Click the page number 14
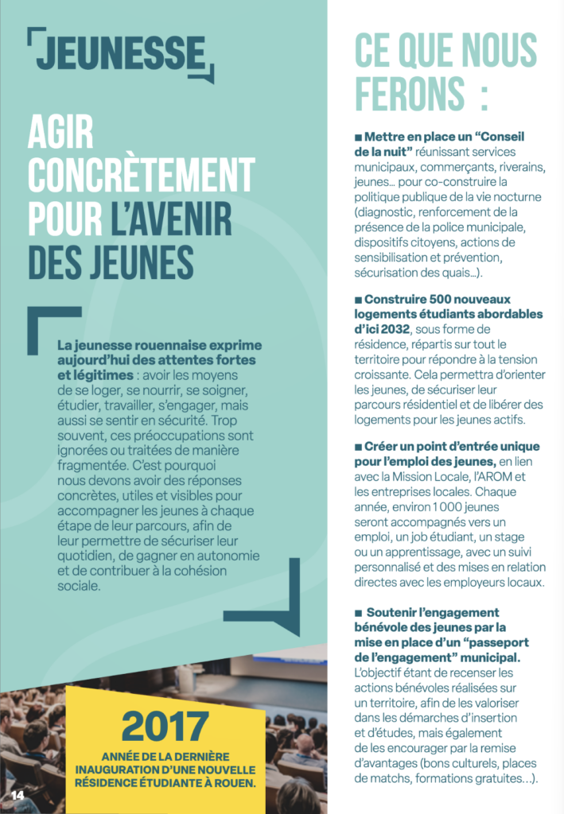click(17, 796)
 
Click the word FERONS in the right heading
click(407, 95)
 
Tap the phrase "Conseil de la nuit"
click(442, 143)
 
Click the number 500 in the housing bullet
click(442, 300)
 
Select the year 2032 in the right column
click(392, 328)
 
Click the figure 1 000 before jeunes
click(434, 506)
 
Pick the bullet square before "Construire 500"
click(358, 300)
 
